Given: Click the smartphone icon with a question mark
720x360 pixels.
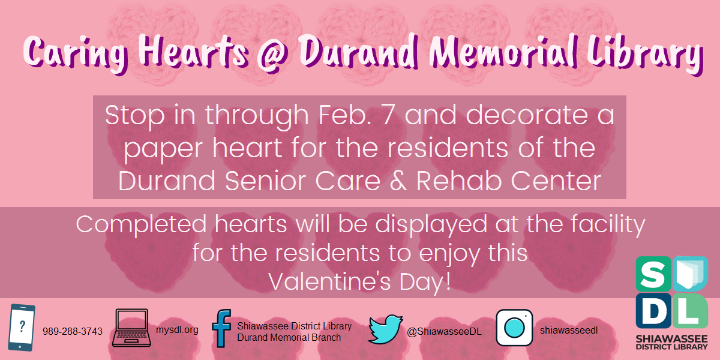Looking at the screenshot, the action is [x=21, y=327].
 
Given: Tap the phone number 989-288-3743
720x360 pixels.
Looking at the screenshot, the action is [x=73, y=331].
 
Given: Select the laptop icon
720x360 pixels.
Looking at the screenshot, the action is [x=131, y=328].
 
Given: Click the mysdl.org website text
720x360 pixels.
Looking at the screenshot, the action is [x=177, y=330].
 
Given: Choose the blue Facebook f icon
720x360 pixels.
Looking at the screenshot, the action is [x=221, y=328].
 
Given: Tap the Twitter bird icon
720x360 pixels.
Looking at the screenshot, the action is [x=385, y=329].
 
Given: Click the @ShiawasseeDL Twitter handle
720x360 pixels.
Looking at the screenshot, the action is [x=444, y=332].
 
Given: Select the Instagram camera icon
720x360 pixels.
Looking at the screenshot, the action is [x=514, y=328].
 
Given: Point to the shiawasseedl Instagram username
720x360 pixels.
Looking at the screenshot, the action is [x=569, y=330].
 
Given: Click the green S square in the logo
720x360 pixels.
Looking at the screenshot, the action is [x=653, y=274].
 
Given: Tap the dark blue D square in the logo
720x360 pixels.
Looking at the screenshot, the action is [x=653, y=311].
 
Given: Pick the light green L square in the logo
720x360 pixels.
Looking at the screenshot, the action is [x=690, y=311].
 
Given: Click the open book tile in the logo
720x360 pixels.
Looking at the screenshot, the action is [x=690, y=274].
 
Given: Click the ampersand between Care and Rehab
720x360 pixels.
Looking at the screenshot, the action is [x=398, y=181].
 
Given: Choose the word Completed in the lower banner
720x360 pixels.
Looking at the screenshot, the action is [x=141, y=224].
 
